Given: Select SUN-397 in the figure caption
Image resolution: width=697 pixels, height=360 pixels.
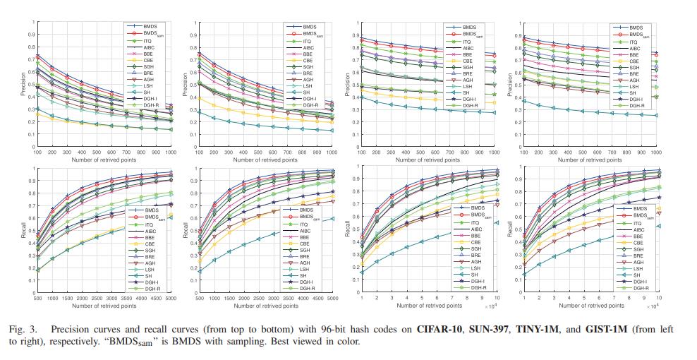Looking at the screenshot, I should click(487, 330).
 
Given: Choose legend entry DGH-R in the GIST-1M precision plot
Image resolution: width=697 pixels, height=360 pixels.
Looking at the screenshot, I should click(638, 105).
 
